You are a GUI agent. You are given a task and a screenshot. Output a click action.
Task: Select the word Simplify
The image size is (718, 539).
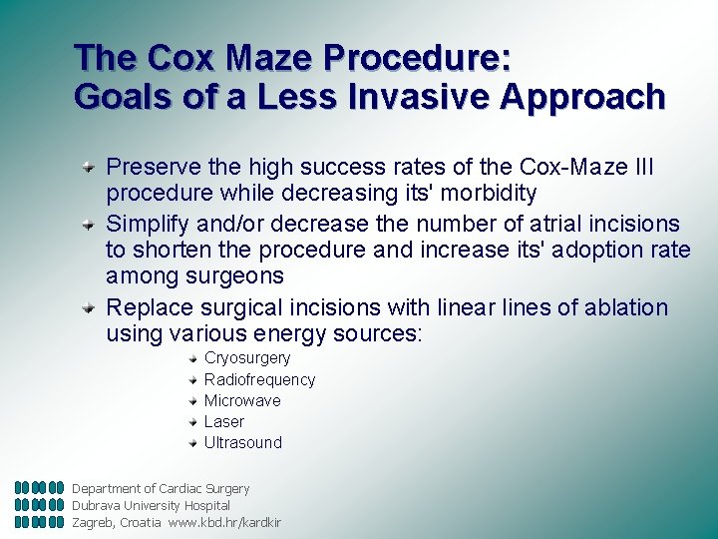click(x=148, y=224)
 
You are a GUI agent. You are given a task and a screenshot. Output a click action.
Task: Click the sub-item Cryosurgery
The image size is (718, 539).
click(x=247, y=358)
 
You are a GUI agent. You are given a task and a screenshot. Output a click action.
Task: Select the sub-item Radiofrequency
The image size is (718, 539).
click(x=259, y=379)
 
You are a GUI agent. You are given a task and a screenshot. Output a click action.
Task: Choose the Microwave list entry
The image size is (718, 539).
click(x=242, y=400)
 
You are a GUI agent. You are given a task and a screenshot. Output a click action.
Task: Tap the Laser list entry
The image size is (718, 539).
click(x=223, y=421)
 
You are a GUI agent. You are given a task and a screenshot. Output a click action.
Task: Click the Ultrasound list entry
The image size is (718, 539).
click(x=243, y=442)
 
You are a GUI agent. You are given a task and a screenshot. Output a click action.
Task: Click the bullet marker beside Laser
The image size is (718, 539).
click(x=193, y=421)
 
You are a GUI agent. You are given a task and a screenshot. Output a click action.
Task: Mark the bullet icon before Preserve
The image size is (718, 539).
click(x=89, y=166)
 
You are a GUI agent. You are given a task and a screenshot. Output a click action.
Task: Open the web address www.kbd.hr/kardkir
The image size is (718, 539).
click(x=224, y=522)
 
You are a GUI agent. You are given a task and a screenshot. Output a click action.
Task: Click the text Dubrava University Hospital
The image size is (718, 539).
click(x=151, y=505)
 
